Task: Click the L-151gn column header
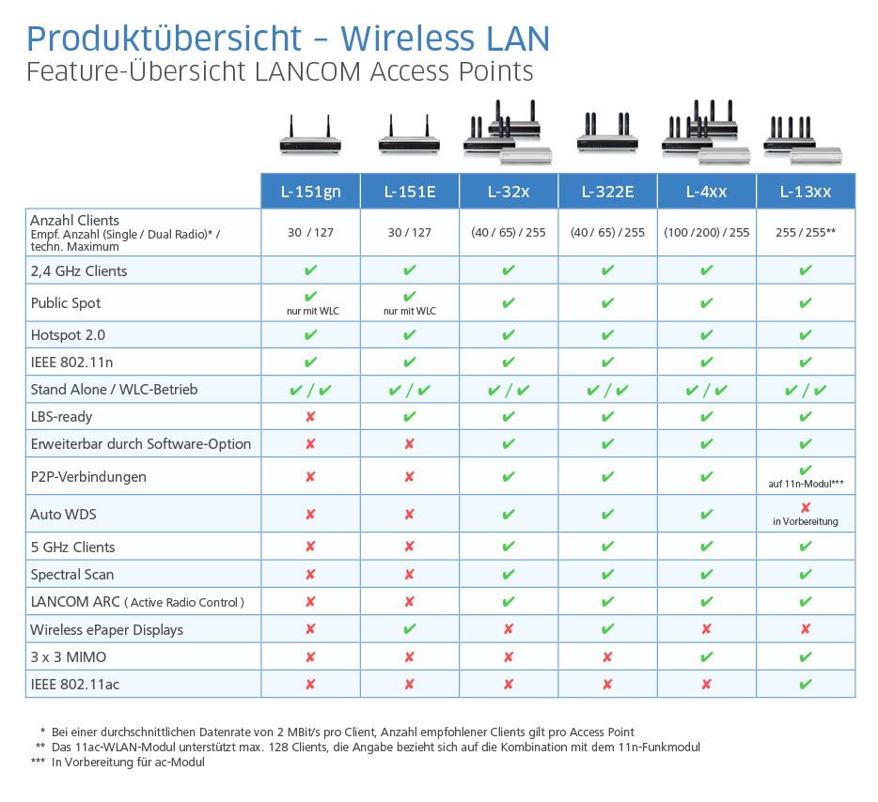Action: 310,192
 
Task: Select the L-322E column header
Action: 607,192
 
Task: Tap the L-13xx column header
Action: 806,192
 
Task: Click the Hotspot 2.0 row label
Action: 68,335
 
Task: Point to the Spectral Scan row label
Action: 72,575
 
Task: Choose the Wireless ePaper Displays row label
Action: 106,630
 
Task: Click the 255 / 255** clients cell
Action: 806,233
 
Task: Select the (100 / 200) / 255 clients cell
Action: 707,233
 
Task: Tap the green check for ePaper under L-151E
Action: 410,629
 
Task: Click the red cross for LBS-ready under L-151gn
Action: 310,417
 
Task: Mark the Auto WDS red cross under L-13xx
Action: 806,507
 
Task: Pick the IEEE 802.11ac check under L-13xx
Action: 806,685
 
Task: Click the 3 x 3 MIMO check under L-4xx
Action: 707,657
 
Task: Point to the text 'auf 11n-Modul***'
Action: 806,485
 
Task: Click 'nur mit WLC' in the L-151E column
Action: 410,311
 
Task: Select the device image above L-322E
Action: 607,133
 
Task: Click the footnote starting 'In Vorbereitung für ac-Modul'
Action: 128,763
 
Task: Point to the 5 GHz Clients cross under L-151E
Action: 410,548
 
